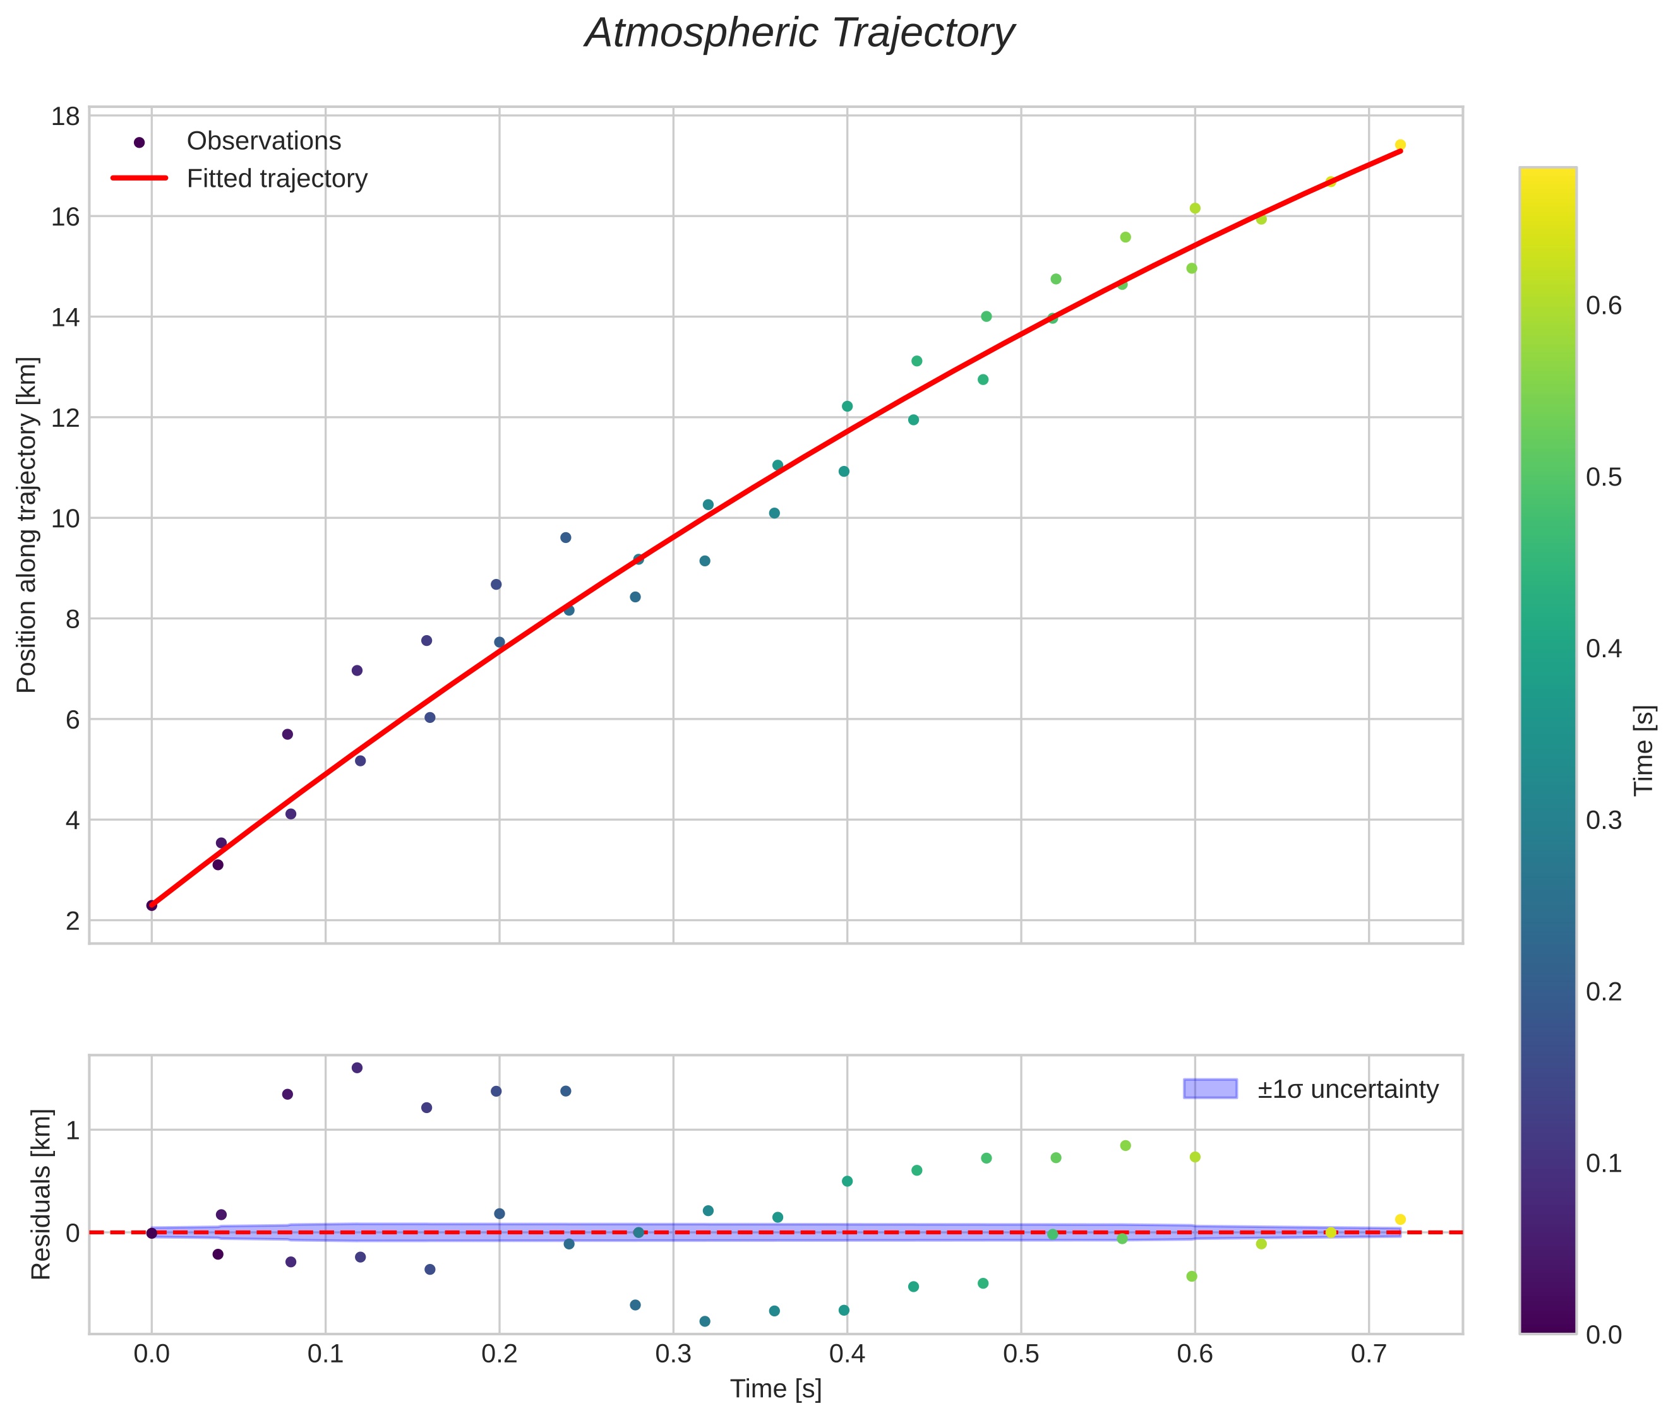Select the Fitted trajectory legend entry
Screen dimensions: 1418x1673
(277, 179)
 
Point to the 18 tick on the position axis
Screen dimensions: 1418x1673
(66, 117)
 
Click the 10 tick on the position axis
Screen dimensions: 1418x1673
(66, 518)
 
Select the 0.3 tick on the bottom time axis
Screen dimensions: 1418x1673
(673, 1354)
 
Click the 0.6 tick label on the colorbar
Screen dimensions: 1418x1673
(1603, 306)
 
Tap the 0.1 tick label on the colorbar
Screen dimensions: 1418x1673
(1603, 1163)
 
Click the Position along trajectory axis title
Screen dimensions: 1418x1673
(27, 525)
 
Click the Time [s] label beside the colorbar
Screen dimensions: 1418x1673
(1643, 750)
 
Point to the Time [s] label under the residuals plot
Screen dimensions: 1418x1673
(776, 1389)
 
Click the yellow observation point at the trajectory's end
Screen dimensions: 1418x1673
(1400, 145)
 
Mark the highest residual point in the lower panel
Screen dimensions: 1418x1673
(357, 1068)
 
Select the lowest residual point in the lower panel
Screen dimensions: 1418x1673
(705, 1321)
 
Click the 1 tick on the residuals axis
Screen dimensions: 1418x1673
(73, 1131)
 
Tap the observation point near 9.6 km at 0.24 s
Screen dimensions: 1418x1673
(565, 538)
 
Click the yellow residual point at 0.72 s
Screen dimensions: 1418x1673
(1400, 1220)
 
